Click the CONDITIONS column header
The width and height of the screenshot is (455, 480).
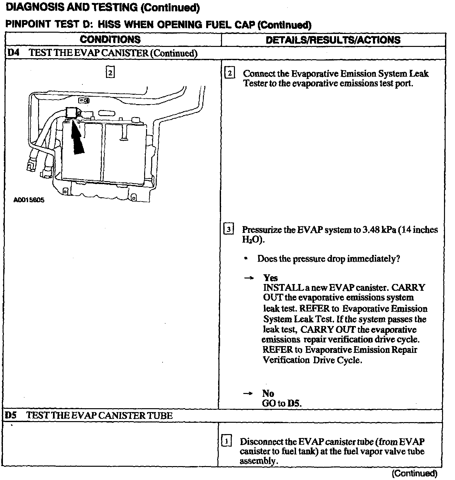point(110,39)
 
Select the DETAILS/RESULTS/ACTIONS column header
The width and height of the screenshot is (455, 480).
point(333,40)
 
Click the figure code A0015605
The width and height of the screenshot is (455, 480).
point(29,200)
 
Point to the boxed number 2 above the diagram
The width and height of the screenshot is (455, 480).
point(110,73)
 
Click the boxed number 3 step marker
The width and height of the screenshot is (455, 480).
point(229,230)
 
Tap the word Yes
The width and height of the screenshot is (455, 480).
point(270,278)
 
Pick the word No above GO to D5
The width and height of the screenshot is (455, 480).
point(268,393)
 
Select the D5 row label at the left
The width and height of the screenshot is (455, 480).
point(11,415)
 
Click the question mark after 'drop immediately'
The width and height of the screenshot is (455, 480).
point(398,259)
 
